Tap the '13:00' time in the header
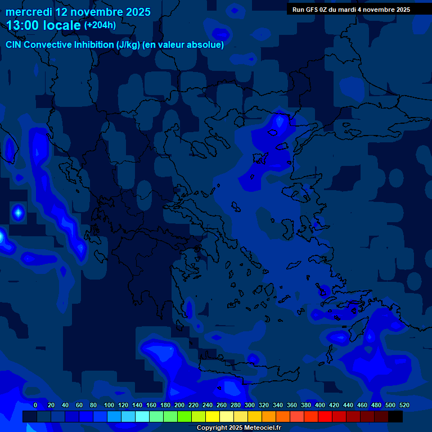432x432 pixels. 23,25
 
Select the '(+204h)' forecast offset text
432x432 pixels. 100,25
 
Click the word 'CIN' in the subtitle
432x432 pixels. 14,45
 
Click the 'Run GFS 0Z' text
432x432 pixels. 313,10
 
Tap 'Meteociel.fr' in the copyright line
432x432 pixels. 262,427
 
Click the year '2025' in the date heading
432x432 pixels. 136,12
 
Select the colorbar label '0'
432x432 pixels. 35,405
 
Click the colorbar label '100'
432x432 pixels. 109,405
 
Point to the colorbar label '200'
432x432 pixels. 179,405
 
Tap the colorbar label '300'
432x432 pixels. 250,405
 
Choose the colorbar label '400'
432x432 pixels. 320,405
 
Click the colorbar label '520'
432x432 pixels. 404,405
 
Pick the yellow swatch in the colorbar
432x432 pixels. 213,416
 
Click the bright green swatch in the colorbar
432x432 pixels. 184,416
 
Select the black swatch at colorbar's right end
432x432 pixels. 395,416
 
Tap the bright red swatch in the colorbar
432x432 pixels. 325,416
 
